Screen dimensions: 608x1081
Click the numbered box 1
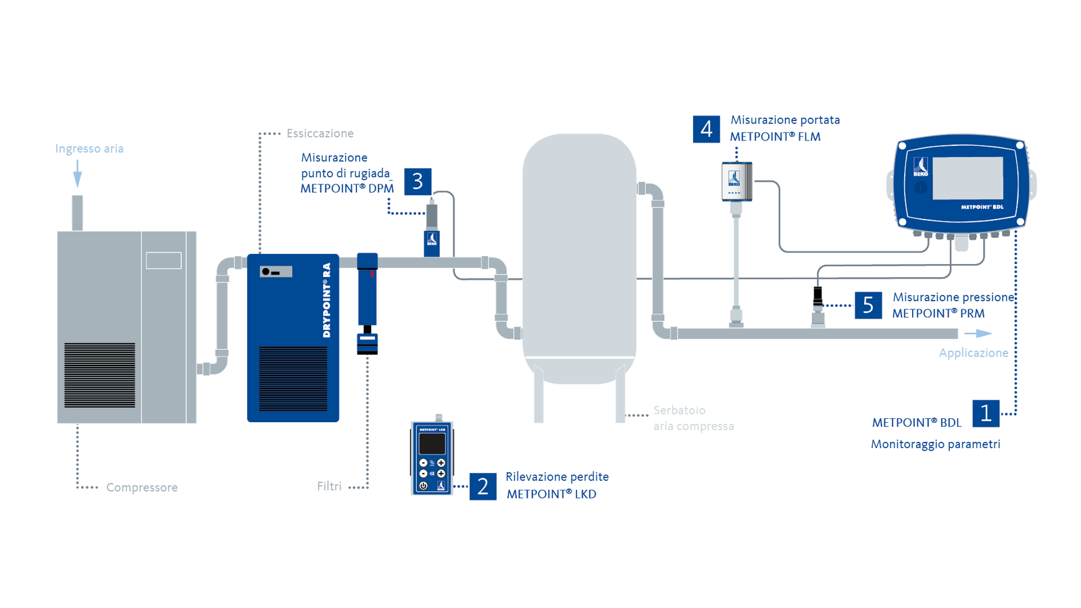tap(985, 413)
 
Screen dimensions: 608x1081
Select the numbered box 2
tap(482, 486)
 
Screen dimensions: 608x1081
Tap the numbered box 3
tap(418, 182)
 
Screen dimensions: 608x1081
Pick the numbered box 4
tap(706, 129)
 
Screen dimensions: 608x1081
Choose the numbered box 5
tap(868, 305)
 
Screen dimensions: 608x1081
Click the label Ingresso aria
tap(89, 149)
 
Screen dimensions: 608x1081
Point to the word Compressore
tap(142, 488)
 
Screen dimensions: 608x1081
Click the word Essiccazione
tap(320, 134)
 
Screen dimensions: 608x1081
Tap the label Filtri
tap(329, 486)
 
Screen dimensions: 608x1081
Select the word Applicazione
tap(973, 353)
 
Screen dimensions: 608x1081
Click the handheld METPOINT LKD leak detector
tap(432, 458)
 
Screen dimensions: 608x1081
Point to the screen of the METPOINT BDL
tap(967, 178)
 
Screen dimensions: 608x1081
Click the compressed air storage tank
tap(579, 257)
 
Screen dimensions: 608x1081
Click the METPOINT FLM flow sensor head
tap(736, 181)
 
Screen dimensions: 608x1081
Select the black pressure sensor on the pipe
tap(818, 295)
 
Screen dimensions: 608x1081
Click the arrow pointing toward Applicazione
tap(978, 334)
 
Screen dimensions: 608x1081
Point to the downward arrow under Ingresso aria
tap(78, 174)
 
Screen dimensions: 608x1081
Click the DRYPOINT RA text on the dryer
tap(327, 300)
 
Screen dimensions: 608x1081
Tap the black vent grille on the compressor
tap(99, 375)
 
